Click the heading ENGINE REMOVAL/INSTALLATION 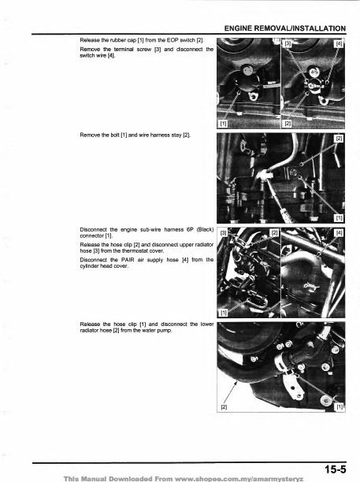pyautogui.click(x=287, y=28)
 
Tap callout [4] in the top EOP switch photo pyautogui.click(x=340, y=43)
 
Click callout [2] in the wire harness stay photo pyautogui.click(x=340, y=139)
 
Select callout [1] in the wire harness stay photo pyautogui.click(x=340, y=217)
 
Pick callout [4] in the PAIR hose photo pyautogui.click(x=340, y=232)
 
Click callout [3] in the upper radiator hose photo pyautogui.click(x=224, y=233)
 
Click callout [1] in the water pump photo pyautogui.click(x=340, y=407)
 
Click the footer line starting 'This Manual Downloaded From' pyautogui.click(x=180, y=477)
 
